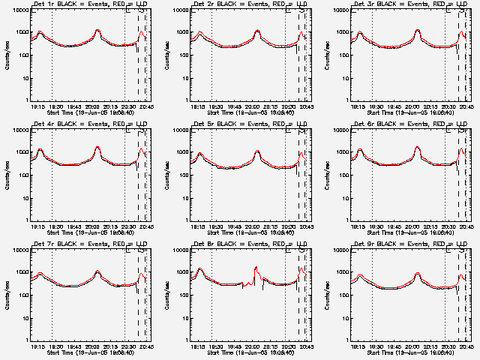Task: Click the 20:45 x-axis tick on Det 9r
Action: click(x=467, y=346)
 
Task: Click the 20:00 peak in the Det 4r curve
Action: click(x=97, y=147)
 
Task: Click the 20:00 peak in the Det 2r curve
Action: click(x=257, y=31)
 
